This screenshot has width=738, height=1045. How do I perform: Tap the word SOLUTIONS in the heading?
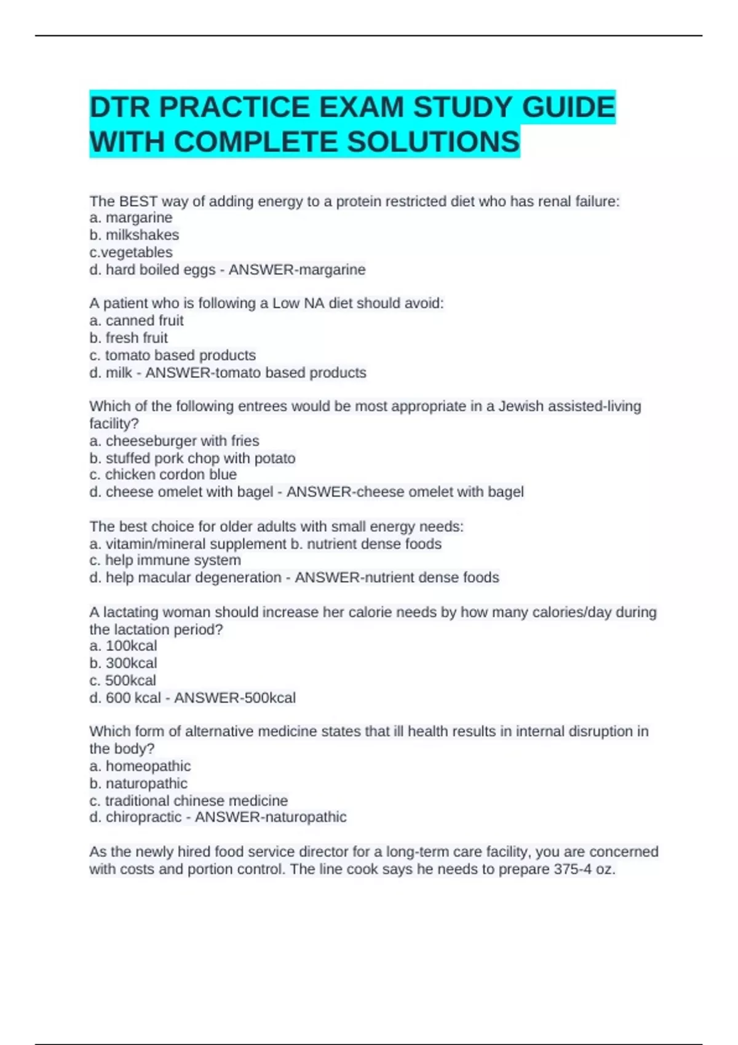(x=434, y=142)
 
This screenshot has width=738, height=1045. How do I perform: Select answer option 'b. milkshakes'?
(x=134, y=235)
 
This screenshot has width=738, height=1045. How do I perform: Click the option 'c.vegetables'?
(x=131, y=252)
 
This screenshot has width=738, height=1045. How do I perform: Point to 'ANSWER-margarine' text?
(x=297, y=269)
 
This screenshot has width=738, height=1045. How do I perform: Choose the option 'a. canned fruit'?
(x=137, y=320)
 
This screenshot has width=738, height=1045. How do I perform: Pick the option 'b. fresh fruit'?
(x=129, y=337)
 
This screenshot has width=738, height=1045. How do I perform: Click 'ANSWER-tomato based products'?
(x=256, y=373)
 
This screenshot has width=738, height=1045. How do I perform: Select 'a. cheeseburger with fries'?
(x=174, y=441)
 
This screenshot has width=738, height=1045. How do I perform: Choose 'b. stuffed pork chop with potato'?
(x=192, y=458)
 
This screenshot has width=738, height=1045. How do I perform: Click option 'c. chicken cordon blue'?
(x=163, y=475)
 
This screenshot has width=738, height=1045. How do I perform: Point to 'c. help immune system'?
(x=165, y=560)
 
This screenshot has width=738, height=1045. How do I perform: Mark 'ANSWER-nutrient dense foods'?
(x=397, y=577)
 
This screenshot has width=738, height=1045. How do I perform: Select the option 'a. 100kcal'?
(x=123, y=645)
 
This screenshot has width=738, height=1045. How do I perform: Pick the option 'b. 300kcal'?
(x=123, y=663)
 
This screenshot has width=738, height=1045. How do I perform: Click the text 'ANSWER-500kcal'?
(x=235, y=698)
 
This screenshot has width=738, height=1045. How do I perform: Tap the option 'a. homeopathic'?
(x=140, y=766)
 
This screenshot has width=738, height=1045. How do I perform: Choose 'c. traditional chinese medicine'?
(x=188, y=800)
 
